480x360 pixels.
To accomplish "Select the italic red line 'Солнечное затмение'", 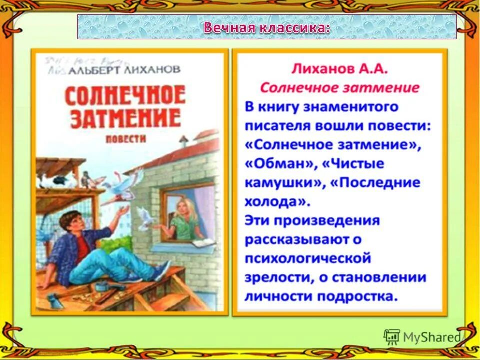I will [x=339, y=88].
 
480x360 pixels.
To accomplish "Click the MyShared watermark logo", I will [x=422, y=337].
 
